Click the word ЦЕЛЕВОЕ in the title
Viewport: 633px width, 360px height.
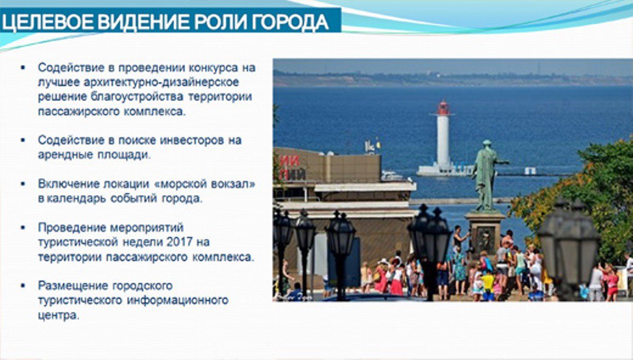pyautogui.click(x=48, y=22)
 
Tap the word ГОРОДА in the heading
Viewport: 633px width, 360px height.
pyautogui.click(x=290, y=22)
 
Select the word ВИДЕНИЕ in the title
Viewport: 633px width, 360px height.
pyautogui.click(x=143, y=22)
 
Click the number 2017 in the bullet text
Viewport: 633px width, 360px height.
pyautogui.click(x=179, y=242)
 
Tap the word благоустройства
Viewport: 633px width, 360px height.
pyautogui.click(x=137, y=97)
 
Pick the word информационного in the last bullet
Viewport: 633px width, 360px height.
pyautogui.click(x=177, y=300)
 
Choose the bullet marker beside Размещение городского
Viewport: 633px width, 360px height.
pyautogui.click(x=23, y=286)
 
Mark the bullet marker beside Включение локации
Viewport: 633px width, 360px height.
pyautogui.click(x=23, y=184)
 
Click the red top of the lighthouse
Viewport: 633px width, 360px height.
pyautogui.click(x=443, y=108)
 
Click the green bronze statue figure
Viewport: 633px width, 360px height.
pyautogui.click(x=486, y=175)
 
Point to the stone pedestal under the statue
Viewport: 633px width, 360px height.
pyautogui.click(x=485, y=231)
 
